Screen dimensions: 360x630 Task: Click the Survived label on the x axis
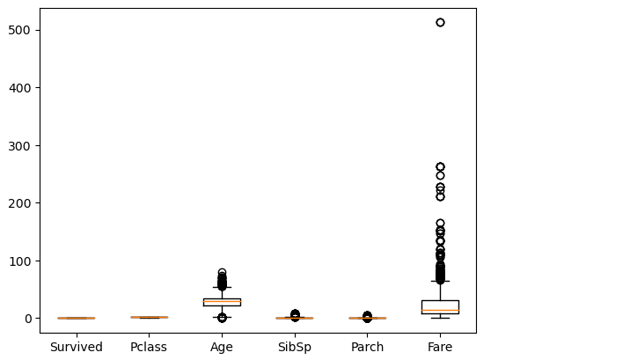76,347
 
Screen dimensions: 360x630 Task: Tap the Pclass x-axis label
149,347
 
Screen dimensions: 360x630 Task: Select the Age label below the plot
222,347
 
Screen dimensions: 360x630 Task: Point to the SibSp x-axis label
295,347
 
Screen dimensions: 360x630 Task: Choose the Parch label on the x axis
367,347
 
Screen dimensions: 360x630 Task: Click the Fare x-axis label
440,347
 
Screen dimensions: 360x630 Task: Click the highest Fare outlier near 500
440,22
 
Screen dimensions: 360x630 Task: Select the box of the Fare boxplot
440,307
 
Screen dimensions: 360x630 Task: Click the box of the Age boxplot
222,302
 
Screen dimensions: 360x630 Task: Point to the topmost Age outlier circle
222,273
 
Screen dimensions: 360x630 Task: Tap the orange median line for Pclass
149,317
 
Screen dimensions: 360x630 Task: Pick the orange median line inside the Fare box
440,311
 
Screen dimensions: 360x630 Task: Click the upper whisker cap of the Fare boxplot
440,281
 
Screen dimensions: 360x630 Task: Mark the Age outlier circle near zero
222,318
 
